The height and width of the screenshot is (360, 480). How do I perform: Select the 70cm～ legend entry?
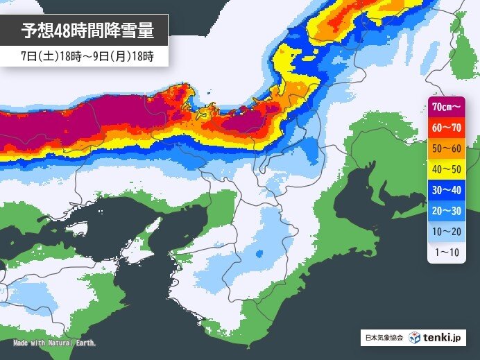coord(445,107)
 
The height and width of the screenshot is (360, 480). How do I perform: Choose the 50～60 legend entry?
coord(445,148)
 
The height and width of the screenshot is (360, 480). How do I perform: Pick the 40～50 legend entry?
coord(445,169)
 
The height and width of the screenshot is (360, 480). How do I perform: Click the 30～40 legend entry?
coord(445,189)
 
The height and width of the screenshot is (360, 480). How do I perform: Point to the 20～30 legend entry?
coord(445,209)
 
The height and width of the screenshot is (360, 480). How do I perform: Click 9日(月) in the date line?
coord(107,55)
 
